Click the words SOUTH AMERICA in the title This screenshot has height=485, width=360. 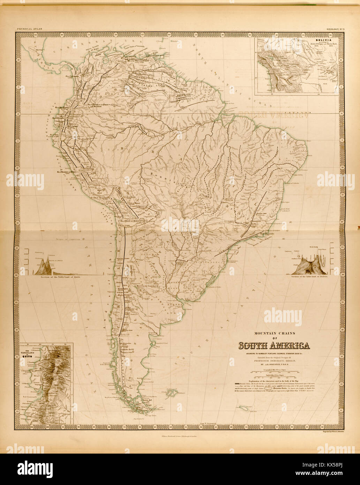274,346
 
